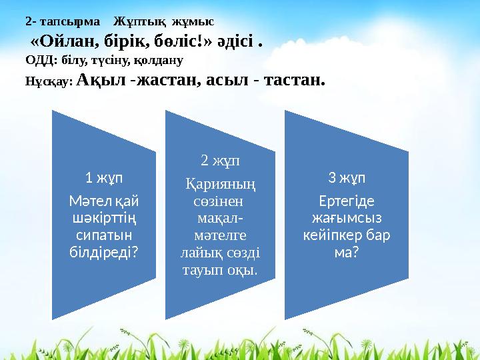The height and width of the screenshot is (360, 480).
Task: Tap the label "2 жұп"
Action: (x=221, y=160)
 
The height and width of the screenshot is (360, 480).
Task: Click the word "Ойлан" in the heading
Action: (x=65, y=41)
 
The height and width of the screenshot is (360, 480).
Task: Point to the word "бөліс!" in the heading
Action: (x=182, y=41)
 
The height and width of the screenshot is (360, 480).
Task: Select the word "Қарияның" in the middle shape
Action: (x=221, y=182)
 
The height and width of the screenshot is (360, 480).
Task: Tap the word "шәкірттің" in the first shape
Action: (x=108, y=216)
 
